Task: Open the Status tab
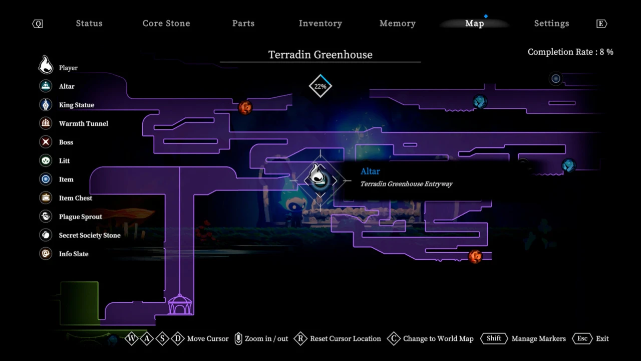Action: [89, 24]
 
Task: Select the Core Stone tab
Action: [166, 24]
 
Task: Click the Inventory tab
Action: [320, 24]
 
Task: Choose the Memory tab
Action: [398, 24]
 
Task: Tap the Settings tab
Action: [551, 24]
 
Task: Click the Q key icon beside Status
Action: [38, 24]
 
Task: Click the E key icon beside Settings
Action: [601, 24]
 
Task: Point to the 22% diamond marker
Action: [320, 86]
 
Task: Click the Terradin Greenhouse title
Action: [320, 55]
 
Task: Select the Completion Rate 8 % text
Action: [570, 52]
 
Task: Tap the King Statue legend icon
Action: [46, 105]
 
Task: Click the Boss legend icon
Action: [46, 142]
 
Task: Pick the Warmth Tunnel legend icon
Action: [46, 123]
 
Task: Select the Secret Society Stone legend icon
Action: [46, 235]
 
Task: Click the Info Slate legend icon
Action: [46, 254]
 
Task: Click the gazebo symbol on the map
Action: [180, 304]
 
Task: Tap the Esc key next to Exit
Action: [582, 338]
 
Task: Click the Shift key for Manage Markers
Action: [494, 338]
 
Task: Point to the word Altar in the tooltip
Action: [370, 171]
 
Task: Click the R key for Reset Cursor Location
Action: [300, 338]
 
